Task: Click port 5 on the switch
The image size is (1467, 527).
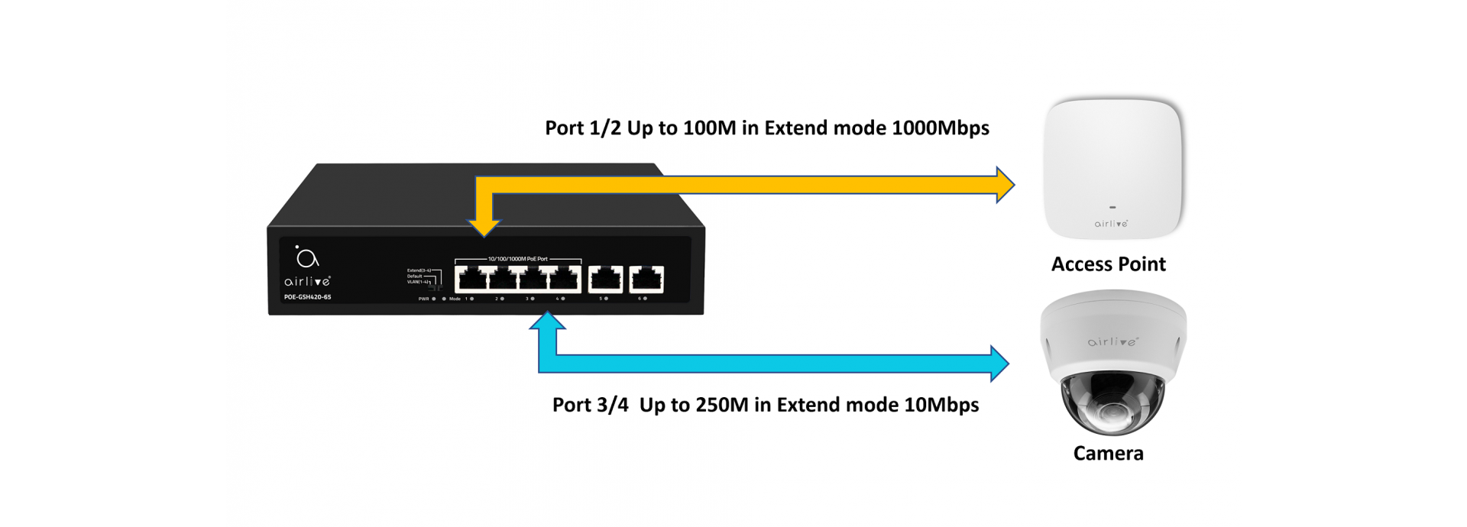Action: pyautogui.click(x=605, y=280)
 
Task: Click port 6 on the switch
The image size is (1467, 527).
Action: pyautogui.click(x=646, y=280)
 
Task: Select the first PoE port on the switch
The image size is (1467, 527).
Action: pyautogui.click(x=471, y=280)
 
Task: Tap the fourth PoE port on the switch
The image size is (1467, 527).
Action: pyautogui.click(x=564, y=280)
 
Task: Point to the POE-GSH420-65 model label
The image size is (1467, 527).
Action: pyautogui.click(x=308, y=297)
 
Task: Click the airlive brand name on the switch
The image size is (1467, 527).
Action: pyautogui.click(x=307, y=281)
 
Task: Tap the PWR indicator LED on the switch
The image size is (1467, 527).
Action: pyautogui.click(x=434, y=299)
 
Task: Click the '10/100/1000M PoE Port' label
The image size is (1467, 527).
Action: pyautogui.click(x=517, y=259)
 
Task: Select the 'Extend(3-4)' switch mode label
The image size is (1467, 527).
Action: pyautogui.click(x=419, y=270)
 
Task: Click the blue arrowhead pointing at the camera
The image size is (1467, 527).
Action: pyautogui.click(x=999, y=364)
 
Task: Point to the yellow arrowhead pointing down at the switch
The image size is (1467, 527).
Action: pyautogui.click(x=484, y=227)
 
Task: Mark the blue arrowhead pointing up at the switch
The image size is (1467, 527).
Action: pyautogui.click(x=547, y=321)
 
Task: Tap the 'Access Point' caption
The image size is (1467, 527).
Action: pyautogui.click(x=1108, y=264)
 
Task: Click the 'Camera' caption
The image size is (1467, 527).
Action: pyautogui.click(x=1108, y=454)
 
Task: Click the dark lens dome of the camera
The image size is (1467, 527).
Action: pyautogui.click(x=1112, y=405)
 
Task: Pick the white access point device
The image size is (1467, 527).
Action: pyautogui.click(x=1112, y=168)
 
